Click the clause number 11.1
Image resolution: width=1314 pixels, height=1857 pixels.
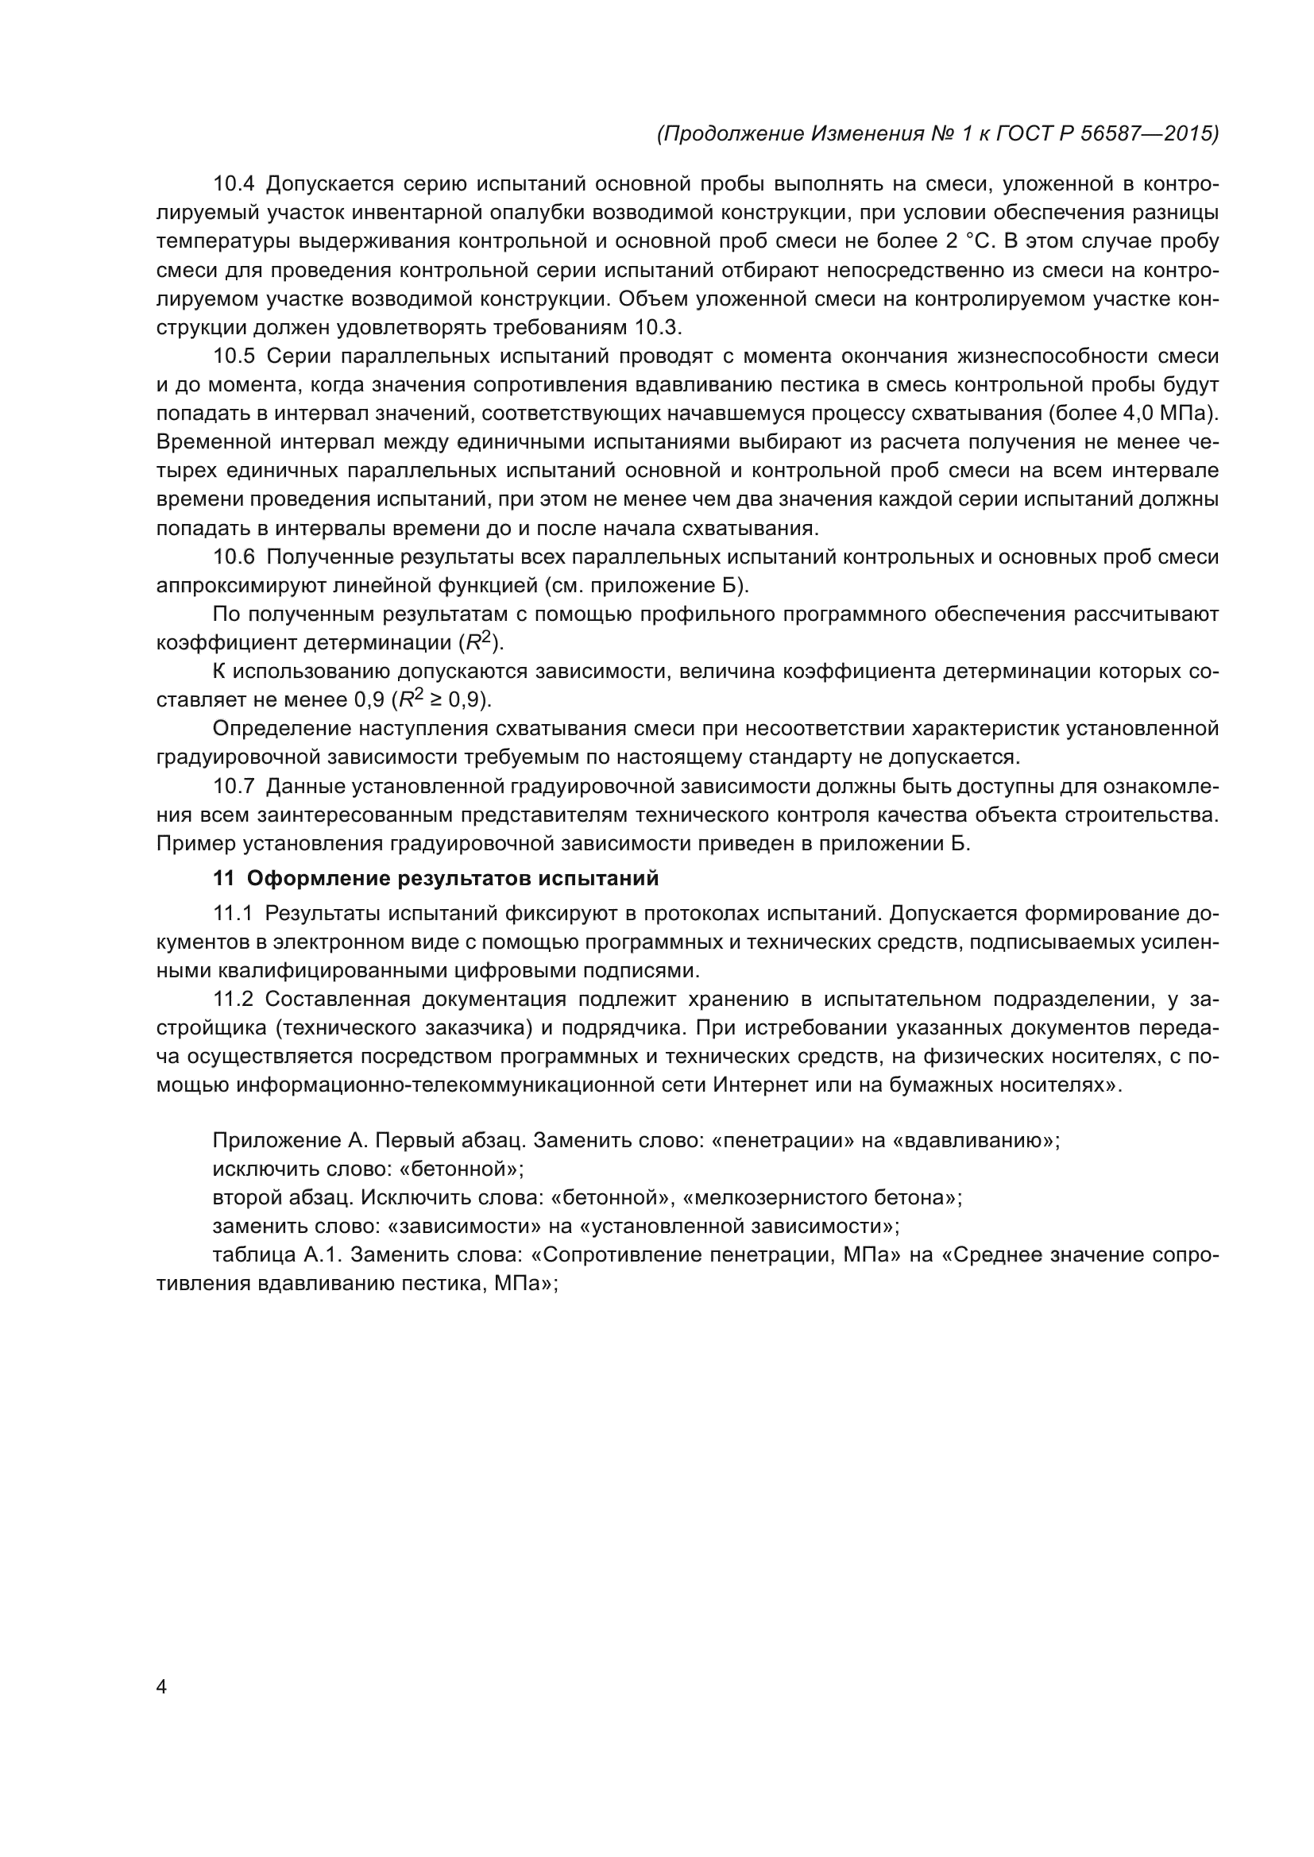[x=233, y=914]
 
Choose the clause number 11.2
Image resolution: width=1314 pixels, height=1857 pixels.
[x=233, y=1000]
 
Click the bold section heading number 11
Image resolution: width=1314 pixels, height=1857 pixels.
[x=222, y=878]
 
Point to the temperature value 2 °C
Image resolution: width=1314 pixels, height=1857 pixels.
[x=964, y=242]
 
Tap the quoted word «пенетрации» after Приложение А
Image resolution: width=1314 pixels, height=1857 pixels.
[x=782, y=1141]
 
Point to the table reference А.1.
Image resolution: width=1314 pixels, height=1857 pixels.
[x=322, y=1256]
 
